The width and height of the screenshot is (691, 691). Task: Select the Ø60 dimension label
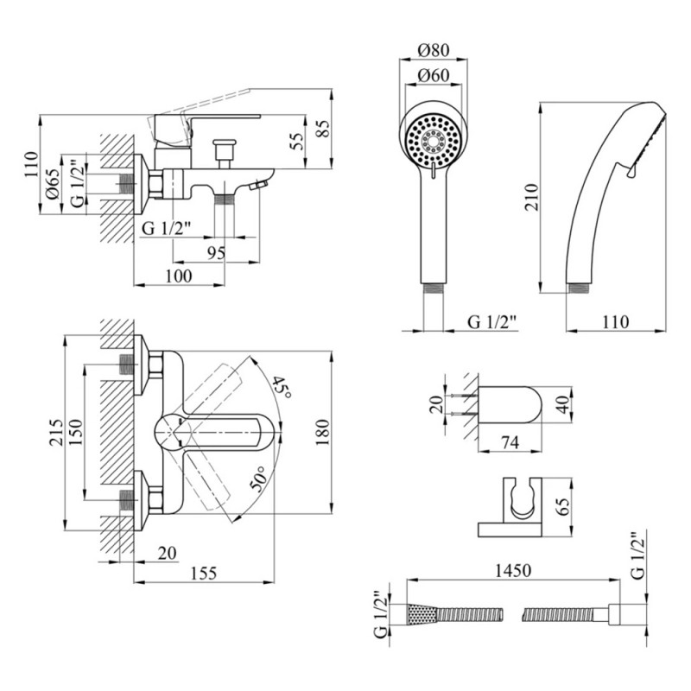click(x=429, y=76)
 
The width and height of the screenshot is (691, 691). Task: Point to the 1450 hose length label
click(x=512, y=571)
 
